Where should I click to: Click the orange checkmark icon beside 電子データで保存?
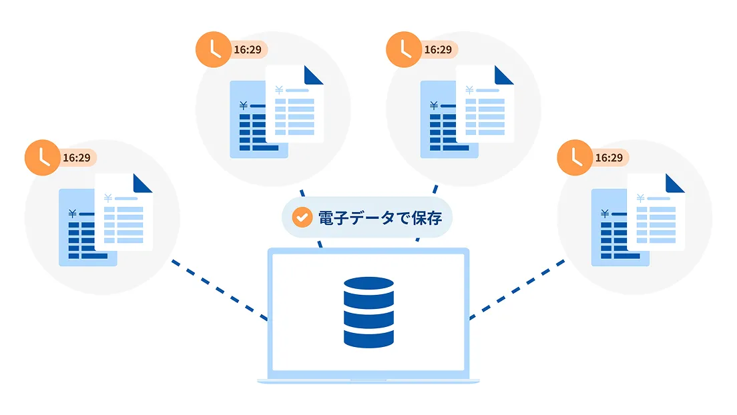coord(302,218)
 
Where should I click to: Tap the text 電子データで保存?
coord(379,218)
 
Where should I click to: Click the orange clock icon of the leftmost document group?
coord(42,158)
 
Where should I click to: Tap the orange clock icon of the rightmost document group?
coord(575,158)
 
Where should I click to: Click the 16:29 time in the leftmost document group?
coord(76,158)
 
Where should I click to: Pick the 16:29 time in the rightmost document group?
coord(608,158)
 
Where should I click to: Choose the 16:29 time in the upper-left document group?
coord(247,50)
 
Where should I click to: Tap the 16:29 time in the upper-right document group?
coord(438,50)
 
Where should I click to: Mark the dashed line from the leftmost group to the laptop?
coord(219,290)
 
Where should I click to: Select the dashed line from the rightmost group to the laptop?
coord(517,290)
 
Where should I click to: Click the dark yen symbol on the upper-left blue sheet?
coord(243,105)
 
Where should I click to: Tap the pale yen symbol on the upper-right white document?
coord(469,90)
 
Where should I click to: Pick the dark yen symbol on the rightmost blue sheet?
coord(605,214)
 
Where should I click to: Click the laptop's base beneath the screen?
coord(368,381)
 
